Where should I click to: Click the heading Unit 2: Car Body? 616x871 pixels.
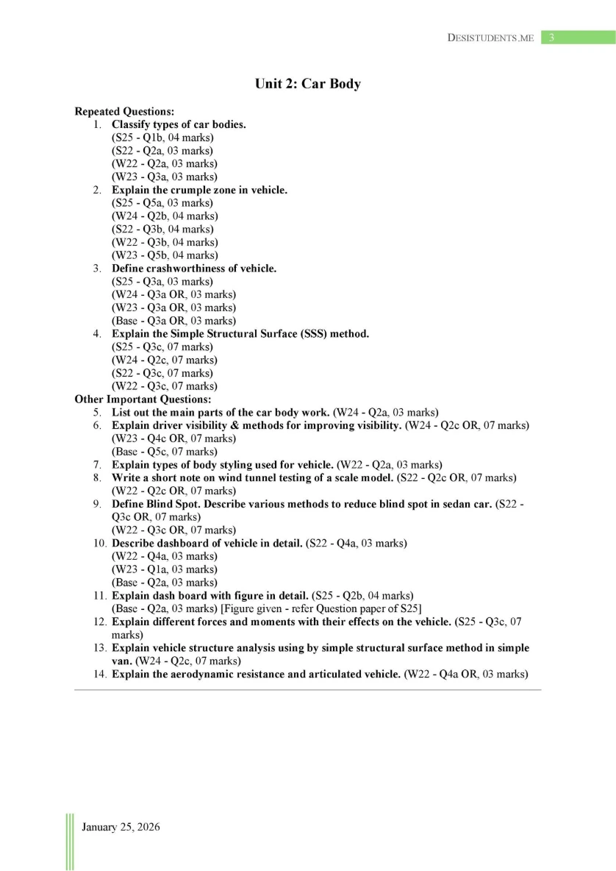307,84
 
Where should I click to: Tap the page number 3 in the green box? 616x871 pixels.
550,38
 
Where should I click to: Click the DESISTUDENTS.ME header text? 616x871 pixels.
490,38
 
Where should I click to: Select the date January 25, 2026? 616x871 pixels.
121,827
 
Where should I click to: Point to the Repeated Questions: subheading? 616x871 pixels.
124,112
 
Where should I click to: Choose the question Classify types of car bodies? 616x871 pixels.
179,124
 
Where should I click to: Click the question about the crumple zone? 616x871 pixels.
199,190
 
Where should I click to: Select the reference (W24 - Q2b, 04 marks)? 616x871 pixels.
165,216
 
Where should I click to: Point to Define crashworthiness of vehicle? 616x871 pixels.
194,269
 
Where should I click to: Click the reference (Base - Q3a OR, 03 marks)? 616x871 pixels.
173,321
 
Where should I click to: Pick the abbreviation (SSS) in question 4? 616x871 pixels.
298,334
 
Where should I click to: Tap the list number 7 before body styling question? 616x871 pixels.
97,465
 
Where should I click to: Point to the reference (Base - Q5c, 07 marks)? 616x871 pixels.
165,452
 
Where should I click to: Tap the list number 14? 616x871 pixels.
99,674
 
